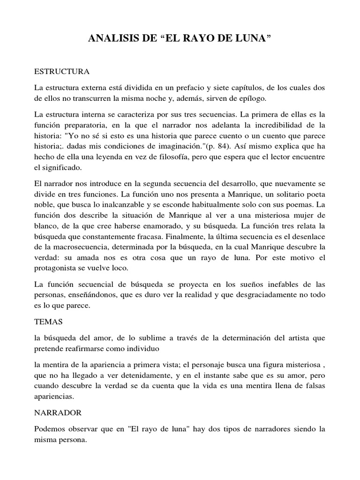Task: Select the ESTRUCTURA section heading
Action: [62, 73]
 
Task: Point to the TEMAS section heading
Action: [48, 323]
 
